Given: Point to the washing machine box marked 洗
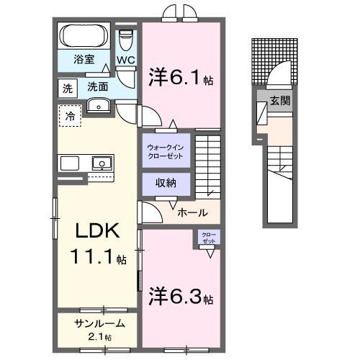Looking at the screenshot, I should (67, 89).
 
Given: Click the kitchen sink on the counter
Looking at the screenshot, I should (102, 163).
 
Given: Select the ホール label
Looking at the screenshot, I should (193, 212).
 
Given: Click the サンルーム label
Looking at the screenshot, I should (99, 324).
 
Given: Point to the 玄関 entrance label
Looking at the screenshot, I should (281, 101).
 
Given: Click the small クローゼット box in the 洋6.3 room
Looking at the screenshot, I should (207, 238).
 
